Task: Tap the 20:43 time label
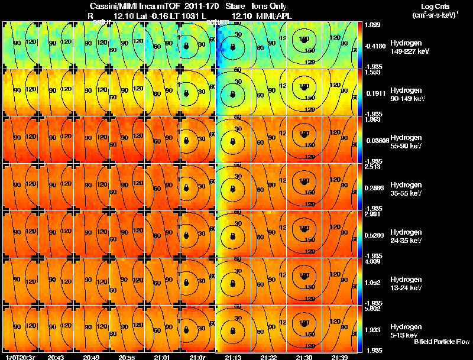click(x=56, y=357)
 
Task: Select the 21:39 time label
click(x=339, y=357)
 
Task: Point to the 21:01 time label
click(x=161, y=357)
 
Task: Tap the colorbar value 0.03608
click(x=376, y=140)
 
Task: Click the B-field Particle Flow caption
click(x=442, y=342)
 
